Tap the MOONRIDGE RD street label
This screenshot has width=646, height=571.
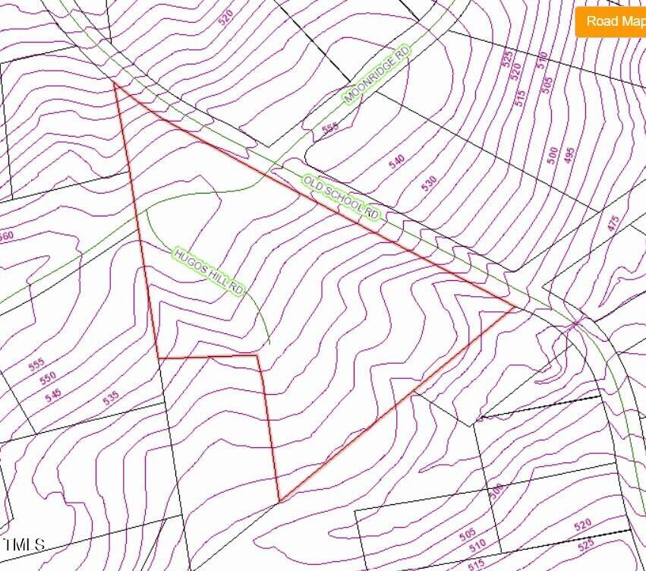(377, 74)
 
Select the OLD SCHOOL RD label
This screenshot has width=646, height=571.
(341, 197)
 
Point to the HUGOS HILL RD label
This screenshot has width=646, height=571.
(209, 271)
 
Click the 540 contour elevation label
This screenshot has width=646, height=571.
(396, 162)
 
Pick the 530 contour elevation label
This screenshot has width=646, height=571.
(430, 183)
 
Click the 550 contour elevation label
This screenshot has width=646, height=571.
(48, 378)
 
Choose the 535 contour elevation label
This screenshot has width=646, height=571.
(112, 397)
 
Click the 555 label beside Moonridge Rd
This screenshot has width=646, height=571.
(329, 129)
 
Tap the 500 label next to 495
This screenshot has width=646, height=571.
(553, 156)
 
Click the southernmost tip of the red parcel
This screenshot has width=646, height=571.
(280, 501)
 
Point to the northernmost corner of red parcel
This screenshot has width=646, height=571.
(115, 83)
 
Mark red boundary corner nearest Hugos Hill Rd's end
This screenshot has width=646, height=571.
(258, 355)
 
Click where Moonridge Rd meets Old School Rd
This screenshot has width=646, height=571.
(274, 166)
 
